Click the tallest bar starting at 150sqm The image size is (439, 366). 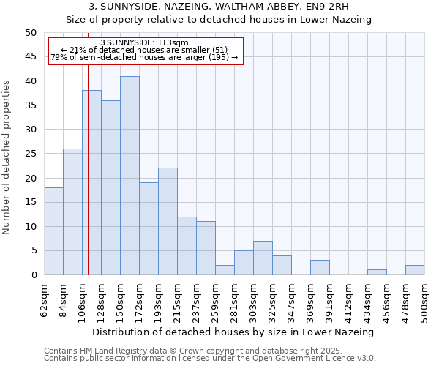tap(130, 176)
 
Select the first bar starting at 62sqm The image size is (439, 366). tap(53, 231)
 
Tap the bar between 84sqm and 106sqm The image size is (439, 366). tap(72, 212)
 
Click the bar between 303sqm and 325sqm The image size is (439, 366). tap(263, 258)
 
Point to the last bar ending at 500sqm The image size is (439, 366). tap(415, 270)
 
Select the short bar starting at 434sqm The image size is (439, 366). tap(377, 272)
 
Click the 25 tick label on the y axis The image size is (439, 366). tap(31, 154)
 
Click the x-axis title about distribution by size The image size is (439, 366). tap(233, 332)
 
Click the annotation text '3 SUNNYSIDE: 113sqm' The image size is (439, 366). tap(144, 43)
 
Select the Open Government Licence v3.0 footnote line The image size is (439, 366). tap(210, 358)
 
